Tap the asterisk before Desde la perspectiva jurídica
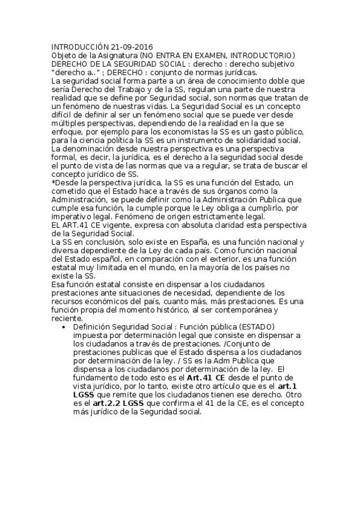53,183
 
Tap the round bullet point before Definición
64,327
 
